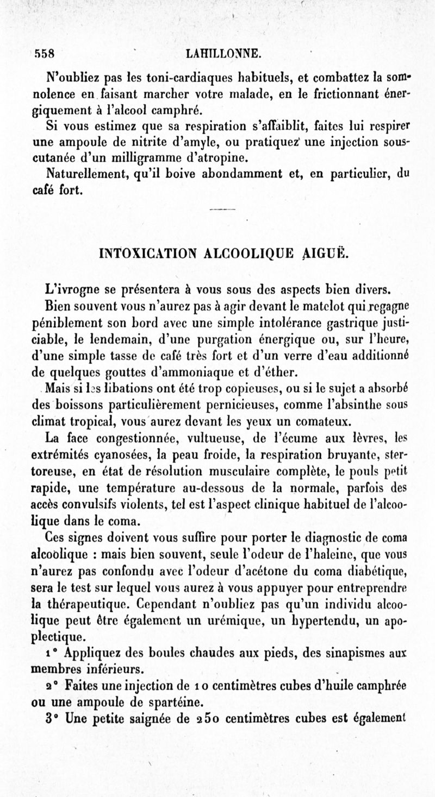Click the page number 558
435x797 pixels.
tap(46, 54)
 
